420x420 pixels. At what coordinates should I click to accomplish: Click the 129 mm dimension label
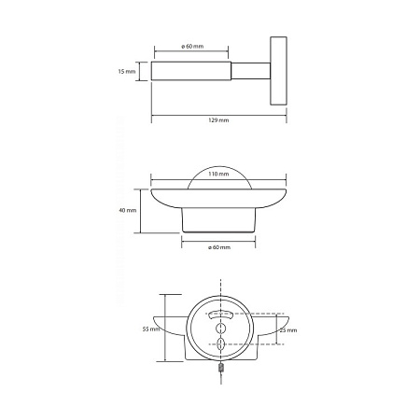218,120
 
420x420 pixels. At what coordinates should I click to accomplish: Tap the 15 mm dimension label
127,72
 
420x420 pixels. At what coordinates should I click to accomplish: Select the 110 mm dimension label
218,174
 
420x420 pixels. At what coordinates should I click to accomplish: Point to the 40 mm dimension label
128,210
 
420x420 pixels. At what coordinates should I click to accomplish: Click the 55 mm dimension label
151,329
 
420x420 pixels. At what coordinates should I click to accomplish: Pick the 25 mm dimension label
288,330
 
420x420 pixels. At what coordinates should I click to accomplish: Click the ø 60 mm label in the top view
192,47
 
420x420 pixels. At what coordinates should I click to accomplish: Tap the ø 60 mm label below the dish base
219,247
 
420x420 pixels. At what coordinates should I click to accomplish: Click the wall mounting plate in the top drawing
278,71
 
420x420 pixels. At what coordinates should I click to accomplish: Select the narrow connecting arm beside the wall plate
251,71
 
